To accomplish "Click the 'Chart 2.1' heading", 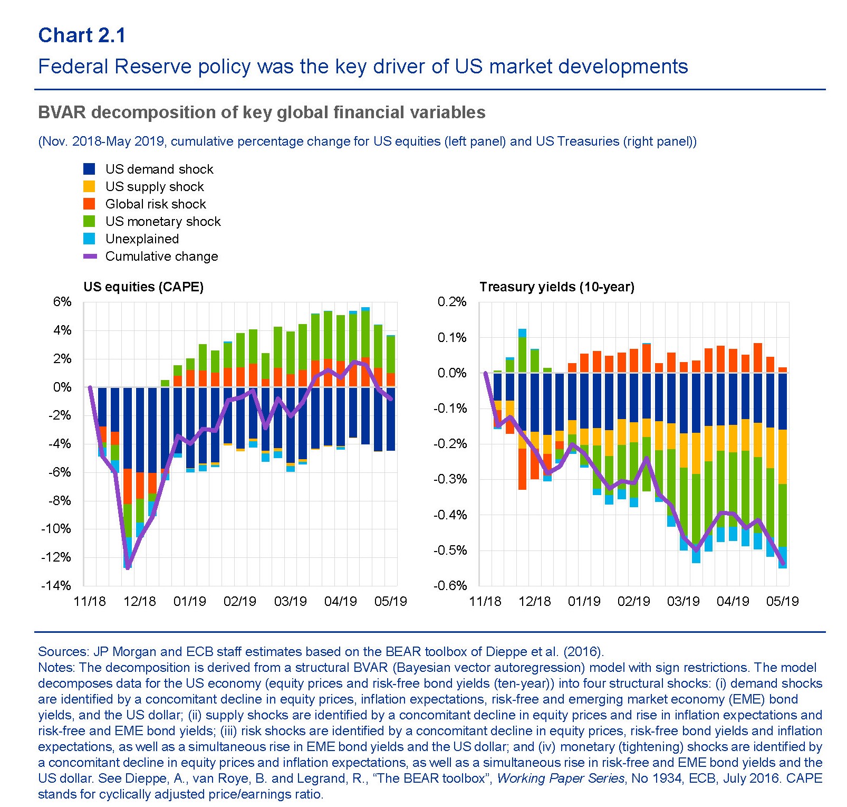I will (x=82, y=35).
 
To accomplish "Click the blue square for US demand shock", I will (x=89, y=169).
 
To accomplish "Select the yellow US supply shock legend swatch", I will (x=89, y=187).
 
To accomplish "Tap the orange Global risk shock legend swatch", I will (x=89, y=204).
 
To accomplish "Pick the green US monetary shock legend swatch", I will (x=89, y=222).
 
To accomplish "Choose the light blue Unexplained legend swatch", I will (x=89, y=239).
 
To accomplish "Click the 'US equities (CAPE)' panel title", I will (x=143, y=287).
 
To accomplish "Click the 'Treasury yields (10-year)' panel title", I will (x=557, y=287).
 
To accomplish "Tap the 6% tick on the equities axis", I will (x=62, y=302).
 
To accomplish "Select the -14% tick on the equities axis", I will (x=56, y=585).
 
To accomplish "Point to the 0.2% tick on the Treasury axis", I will (x=452, y=302).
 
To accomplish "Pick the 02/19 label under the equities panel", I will (x=240, y=602).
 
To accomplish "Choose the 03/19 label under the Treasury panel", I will (x=684, y=602).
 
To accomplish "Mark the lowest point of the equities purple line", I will (x=128, y=567).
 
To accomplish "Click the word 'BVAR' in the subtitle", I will (x=61, y=112).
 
